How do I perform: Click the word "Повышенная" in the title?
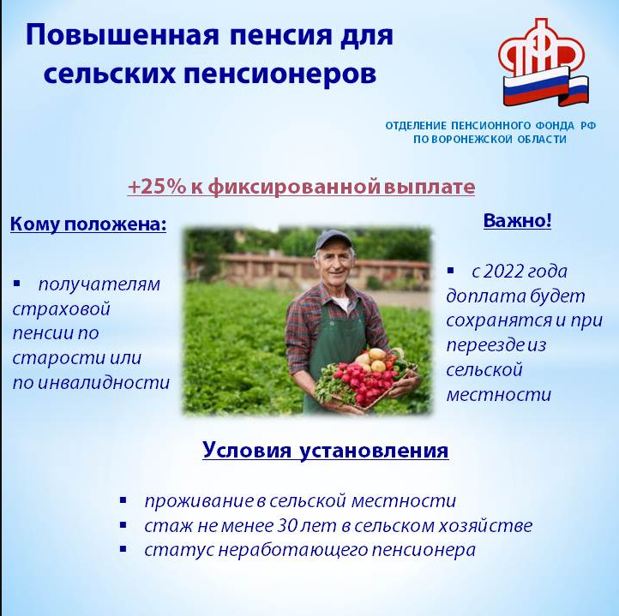point(122,35)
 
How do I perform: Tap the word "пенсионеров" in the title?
point(279,75)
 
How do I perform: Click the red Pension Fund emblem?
point(541,50)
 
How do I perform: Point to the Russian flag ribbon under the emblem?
point(545,87)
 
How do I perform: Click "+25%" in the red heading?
point(157,187)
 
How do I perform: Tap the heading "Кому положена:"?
point(88,224)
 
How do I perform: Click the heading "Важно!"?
point(517,220)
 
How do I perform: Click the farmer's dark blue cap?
point(334,239)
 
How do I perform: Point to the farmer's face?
point(334,266)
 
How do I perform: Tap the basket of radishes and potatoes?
point(366,377)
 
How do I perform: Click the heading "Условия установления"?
point(326,450)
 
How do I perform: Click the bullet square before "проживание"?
point(123,500)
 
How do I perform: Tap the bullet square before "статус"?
point(123,549)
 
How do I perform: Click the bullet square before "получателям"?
point(16,283)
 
